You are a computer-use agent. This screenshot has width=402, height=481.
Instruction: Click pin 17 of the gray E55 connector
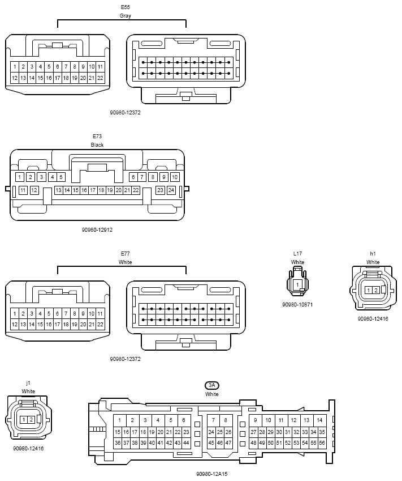click(x=57, y=78)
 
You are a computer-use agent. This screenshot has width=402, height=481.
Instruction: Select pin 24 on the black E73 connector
click(x=171, y=190)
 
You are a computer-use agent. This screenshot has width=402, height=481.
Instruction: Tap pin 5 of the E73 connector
click(x=61, y=177)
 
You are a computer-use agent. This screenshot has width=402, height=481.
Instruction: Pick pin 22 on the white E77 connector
click(x=100, y=324)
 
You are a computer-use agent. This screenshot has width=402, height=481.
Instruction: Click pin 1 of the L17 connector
click(x=297, y=284)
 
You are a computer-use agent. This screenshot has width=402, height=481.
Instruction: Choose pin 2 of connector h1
click(x=376, y=290)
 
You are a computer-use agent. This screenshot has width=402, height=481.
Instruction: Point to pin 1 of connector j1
click(x=24, y=419)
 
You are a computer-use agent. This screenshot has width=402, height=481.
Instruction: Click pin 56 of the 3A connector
click(x=322, y=442)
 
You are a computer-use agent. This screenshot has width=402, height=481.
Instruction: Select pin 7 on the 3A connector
click(x=213, y=420)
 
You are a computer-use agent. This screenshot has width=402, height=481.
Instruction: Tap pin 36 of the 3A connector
click(x=118, y=442)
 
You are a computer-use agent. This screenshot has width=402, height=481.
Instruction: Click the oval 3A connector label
click(x=212, y=385)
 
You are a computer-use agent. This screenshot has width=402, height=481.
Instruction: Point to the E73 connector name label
click(x=97, y=136)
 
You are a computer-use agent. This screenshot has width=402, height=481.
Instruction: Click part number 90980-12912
click(x=97, y=229)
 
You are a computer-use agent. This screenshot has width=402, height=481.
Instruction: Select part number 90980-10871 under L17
click(x=297, y=305)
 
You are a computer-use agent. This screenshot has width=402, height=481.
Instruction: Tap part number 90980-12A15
click(x=212, y=474)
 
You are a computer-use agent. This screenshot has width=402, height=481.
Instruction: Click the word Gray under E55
click(x=125, y=16)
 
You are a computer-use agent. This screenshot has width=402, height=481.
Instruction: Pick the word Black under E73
click(x=97, y=145)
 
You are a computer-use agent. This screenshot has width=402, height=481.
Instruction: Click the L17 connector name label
click(x=297, y=253)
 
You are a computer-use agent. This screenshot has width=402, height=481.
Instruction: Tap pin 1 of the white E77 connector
click(x=14, y=313)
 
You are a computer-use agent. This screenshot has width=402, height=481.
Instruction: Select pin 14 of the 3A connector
click(x=319, y=420)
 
